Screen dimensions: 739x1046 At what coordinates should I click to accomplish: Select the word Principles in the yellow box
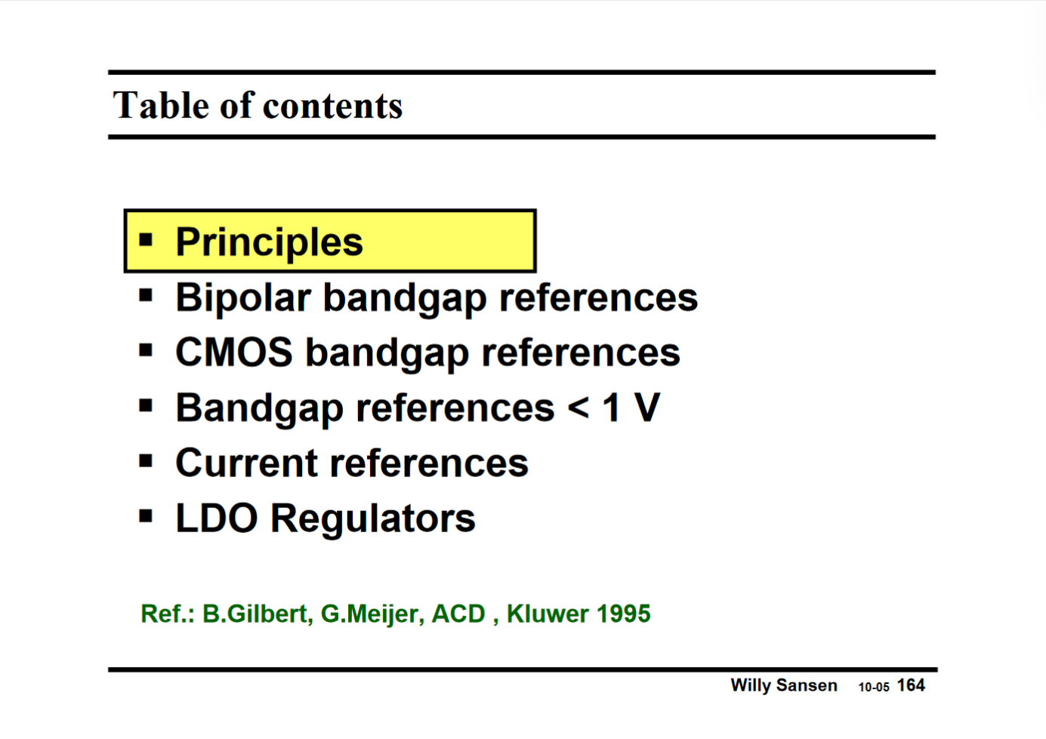click(x=269, y=242)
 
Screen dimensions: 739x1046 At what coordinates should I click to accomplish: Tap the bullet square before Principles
click(x=146, y=241)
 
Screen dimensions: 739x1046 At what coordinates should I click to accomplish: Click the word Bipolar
click(x=242, y=297)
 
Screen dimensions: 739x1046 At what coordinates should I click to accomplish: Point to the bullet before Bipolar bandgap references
click(x=146, y=296)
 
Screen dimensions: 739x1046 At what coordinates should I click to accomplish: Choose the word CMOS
click(x=233, y=353)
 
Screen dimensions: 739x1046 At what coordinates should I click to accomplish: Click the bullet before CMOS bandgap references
click(x=146, y=351)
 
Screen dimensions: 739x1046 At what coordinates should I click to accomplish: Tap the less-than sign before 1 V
click(x=578, y=408)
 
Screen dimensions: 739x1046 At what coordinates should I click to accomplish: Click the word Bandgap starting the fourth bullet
click(x=259, y=409)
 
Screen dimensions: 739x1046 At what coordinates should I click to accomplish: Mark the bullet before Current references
click(x=146, y=461)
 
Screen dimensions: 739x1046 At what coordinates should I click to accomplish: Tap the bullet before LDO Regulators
click(x=146, y=517)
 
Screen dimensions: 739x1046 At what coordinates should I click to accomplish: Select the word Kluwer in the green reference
click(x=547, y=614)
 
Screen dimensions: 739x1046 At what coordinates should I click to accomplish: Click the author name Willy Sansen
click(x=783, y=685)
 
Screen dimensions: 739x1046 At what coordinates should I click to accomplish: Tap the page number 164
click(x=911, y=685)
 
